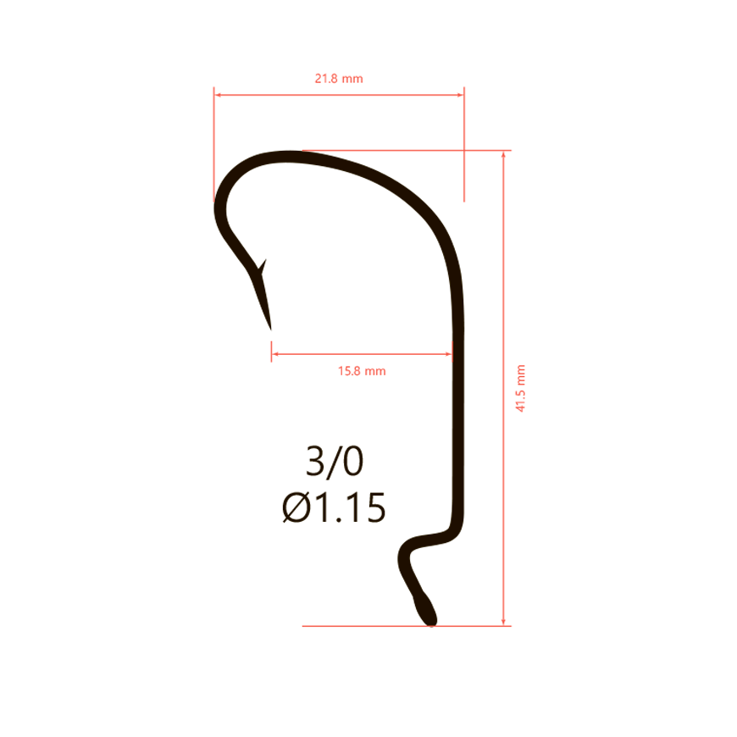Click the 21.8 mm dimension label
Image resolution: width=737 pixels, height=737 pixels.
pos(339,79)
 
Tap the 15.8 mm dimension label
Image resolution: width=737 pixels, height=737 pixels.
pos(362,371)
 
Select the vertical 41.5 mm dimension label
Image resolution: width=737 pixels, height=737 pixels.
pos(520,388)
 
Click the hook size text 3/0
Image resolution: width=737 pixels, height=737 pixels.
pos(335,461)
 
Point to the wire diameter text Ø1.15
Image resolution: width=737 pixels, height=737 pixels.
pos(334,507)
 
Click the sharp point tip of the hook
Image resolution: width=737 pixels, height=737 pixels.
pos(271,329)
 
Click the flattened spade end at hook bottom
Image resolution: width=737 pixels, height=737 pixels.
pos(425,611)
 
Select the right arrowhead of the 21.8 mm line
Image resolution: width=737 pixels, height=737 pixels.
pos(460,95)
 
